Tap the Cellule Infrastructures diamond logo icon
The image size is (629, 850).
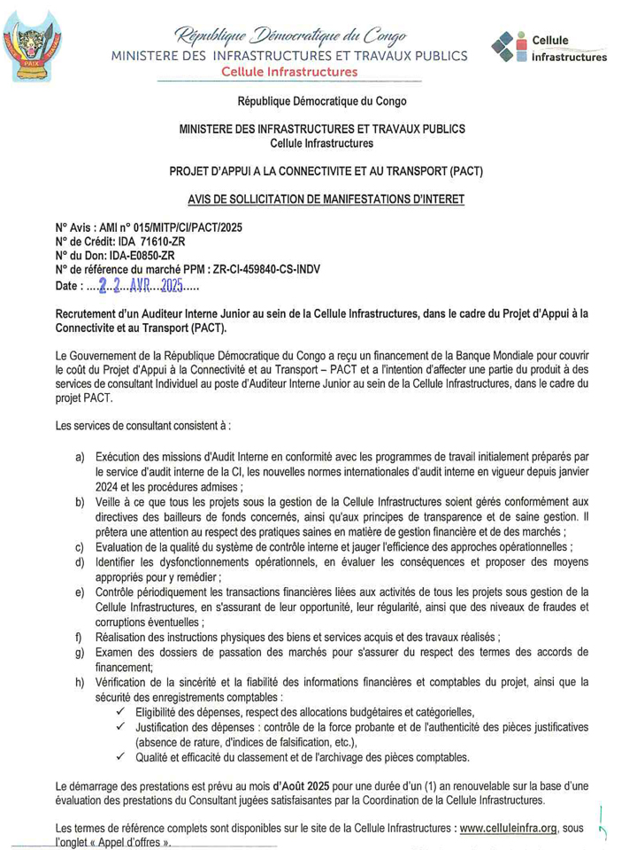(x=507, y=46)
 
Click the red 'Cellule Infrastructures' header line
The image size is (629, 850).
(x=289, y=72)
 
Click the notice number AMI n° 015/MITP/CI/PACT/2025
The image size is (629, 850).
(x=169, y=228)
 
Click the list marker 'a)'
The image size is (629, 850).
(x=81, y=456)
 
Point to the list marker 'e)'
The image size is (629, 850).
(x=81, y=591)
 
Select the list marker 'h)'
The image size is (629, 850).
(x=81, y=682)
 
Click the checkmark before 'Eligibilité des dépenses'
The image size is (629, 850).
(x=121, y=712)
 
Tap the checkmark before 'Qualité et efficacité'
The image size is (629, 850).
(x=121, y=757)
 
